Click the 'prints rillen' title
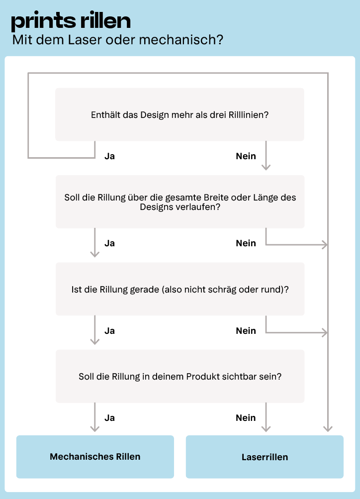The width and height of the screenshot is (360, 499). (x=71, y=21)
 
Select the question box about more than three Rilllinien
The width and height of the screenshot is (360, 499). (x=180, y=114)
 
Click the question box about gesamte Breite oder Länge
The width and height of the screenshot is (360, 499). (x=180, y=202)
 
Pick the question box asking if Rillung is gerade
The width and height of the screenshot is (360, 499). (x=180, y=289)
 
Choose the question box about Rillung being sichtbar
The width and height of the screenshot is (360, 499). (x=180, y=377)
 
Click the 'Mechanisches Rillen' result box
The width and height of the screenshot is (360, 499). (x=95, y=457)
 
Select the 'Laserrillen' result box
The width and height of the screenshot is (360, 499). (x=265, y=457)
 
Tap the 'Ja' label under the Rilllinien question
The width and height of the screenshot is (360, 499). (x=110, y=156)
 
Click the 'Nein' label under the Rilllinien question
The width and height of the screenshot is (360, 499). (x=246, y=156)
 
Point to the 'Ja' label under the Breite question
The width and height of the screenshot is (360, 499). (x=110, y=243)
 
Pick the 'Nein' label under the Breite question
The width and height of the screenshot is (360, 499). (x=246, y=243)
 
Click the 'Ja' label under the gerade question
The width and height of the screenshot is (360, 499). (x=110, y=331)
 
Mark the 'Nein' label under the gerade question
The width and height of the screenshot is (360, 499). (x=246, y=331)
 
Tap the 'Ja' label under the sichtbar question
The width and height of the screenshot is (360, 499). (x=110, y=418)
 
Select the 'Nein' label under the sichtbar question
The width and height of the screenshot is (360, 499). (x=246, y=418)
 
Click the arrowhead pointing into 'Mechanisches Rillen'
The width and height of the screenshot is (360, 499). (x=94, y=428)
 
